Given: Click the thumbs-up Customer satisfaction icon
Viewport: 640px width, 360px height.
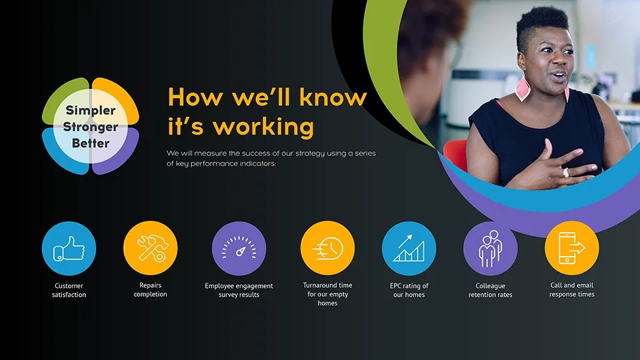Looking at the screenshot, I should coord(69,249).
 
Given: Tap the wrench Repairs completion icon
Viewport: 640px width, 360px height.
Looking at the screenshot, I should coord(150,248).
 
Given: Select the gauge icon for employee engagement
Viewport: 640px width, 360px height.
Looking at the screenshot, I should coord(239,249).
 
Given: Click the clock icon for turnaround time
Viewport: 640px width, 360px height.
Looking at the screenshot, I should coord(327,249).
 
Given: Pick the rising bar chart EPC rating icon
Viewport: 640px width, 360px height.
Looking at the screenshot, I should coord(409,249).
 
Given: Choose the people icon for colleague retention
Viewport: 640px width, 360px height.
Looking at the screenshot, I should coord(490,249).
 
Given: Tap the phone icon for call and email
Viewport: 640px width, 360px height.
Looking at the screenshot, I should coord(571,248).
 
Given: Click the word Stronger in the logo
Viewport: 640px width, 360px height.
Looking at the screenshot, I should coord(91,127).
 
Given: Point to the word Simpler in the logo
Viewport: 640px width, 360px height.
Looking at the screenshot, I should coord(91,111).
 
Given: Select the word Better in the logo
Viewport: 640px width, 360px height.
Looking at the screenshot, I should coord(91,143).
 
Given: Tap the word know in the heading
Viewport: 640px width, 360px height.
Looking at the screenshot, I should coord(333,97).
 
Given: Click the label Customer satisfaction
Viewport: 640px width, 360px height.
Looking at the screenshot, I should coord(69,290).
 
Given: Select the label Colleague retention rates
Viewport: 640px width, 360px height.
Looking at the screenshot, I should coord(490,290).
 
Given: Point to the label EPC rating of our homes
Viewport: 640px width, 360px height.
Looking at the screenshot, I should coord(409,290).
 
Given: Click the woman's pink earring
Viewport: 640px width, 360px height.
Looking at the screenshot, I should coord(522,89).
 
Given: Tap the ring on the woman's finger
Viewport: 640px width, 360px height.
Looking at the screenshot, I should coord(566,173).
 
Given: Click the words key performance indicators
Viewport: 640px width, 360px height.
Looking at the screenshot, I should coord(221,163).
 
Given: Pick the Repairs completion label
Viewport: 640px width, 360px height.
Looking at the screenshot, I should coord(150,289).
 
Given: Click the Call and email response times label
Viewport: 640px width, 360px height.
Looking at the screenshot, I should coord(571,289).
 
